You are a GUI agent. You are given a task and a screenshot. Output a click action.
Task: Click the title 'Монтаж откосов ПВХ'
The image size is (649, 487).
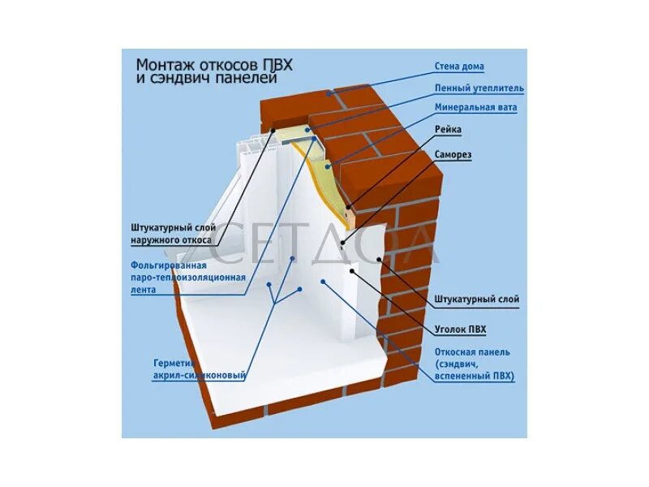213,64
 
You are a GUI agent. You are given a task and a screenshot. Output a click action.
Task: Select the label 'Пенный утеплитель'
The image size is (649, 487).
479,88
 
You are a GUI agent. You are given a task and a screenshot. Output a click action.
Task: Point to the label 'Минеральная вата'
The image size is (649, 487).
475,107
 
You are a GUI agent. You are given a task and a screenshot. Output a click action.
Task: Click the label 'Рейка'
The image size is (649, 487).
448,128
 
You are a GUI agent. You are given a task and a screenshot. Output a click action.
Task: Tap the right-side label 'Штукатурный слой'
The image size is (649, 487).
476,300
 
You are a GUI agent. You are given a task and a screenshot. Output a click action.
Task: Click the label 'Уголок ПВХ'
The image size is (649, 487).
460,329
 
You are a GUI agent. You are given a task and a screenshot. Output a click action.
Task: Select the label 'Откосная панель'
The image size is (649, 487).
472,351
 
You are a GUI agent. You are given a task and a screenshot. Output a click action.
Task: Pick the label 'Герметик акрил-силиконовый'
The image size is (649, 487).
200,369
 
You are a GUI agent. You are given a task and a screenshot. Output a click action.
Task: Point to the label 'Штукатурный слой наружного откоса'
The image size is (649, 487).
171,234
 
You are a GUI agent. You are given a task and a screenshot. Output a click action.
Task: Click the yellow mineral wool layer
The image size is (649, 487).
329,175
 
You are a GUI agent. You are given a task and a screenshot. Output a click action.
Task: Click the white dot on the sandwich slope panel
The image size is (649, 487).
323,282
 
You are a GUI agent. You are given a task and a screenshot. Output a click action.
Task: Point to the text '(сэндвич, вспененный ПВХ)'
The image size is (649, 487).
475,370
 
